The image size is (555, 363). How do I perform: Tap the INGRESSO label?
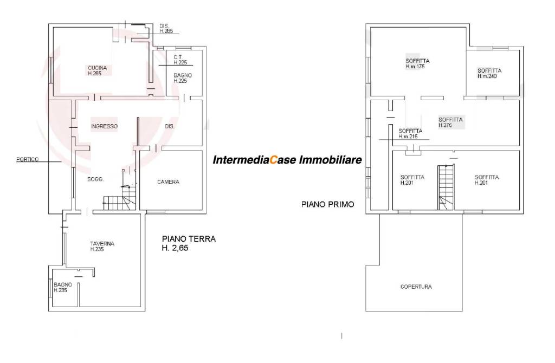pos(104,126)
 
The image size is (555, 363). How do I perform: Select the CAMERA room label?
pos(168,182)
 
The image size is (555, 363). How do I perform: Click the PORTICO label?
pos(27,160)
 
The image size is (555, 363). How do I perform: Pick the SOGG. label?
pos(95,179)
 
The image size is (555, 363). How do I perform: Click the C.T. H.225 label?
pos(180,60)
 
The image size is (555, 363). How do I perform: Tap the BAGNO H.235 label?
pos(63,287)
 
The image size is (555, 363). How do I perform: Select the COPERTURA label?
pos(416,287)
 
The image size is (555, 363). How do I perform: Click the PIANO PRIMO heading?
pos(327,204)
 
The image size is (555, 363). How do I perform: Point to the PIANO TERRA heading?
pos(189,239)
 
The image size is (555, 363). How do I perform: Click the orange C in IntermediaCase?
pos(273,160)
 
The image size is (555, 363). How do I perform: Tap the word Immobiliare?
pos(331,160)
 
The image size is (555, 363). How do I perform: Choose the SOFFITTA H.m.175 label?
pos(417,64)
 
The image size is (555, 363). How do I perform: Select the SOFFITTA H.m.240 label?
pos(489,73)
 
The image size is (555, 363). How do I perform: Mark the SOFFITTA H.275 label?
pos(450,122)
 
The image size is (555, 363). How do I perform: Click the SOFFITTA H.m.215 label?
pos(410,133)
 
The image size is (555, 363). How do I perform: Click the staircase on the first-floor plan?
pos(446,187)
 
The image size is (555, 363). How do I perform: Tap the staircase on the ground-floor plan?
pos(120,200)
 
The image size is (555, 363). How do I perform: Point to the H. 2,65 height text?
pos(175,248)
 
